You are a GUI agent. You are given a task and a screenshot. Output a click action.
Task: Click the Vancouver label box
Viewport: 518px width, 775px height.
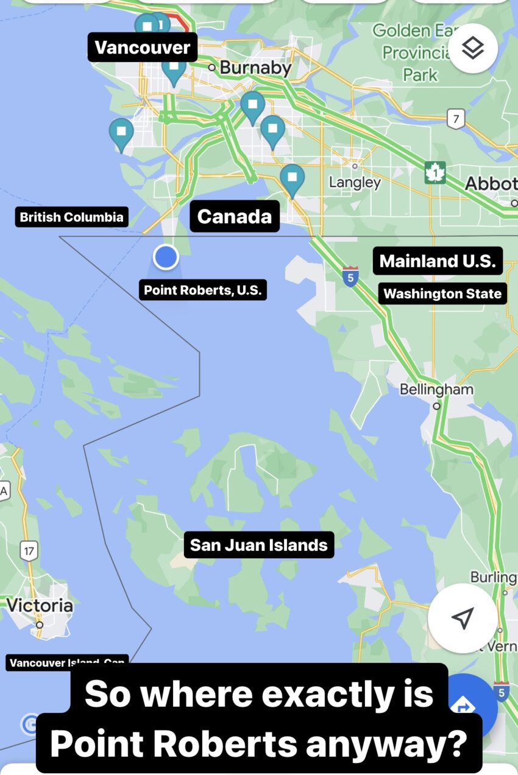[x=143, y=47]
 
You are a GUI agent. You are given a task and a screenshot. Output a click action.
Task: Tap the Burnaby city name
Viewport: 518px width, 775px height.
[x=255, y=68]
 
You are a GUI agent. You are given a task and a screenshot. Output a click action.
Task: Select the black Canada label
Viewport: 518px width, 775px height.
[x=235, y=216]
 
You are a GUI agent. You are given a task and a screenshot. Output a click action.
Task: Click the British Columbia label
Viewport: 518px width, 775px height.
[x=71, y=217]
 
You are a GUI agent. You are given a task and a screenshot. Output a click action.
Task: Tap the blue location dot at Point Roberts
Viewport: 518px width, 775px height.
[x=165, y=257]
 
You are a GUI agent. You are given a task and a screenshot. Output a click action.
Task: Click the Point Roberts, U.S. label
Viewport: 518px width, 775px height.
[x=202, y=290]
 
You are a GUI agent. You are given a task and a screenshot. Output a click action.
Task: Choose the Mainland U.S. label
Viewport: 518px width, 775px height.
[x=438, y=261]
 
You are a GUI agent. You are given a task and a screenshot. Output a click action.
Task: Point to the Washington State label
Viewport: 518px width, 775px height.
[x=442, y=294]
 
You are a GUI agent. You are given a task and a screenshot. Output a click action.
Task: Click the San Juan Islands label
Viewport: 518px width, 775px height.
[x=259, y=545]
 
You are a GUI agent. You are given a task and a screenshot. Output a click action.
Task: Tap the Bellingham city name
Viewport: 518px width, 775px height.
[x=436, y=390]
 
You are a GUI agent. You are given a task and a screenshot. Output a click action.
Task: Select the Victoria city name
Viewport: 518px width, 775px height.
[x=40, y=606]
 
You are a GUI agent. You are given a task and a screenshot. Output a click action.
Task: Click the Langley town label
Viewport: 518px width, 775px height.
[x=355, y=182]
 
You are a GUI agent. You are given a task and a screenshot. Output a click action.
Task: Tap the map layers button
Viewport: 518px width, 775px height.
[x=473, y=49]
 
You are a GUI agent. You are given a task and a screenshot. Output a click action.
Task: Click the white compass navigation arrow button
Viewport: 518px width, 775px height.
[x=463, y=618]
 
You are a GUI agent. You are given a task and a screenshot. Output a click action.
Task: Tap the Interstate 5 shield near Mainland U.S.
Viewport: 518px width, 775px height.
[x=350, y=276]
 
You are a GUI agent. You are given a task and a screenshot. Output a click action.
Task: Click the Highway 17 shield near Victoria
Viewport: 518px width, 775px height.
[x=29, y=552]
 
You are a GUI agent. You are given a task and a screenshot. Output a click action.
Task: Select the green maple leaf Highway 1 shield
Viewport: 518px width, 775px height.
[x=435, y=173]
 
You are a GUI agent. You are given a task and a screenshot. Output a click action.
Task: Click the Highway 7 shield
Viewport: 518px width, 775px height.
[x=455, y=118]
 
